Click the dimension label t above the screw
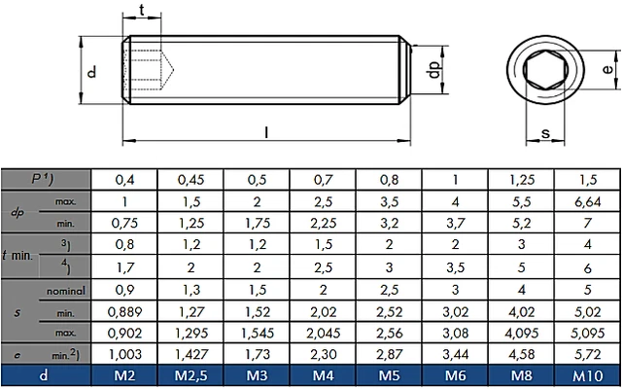144,11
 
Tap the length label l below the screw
266,133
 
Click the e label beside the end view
605,69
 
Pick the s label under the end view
545,133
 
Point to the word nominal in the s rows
66,289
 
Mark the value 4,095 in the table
522,334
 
